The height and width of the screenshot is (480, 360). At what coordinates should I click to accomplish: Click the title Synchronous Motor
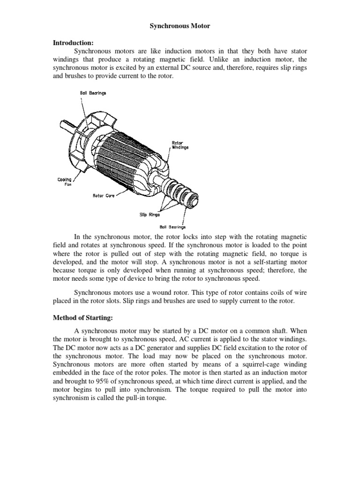pos(180,27)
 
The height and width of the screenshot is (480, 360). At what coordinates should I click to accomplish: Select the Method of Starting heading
pos(82,318)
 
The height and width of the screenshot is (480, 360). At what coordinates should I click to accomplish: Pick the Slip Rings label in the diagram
pos(150,215)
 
